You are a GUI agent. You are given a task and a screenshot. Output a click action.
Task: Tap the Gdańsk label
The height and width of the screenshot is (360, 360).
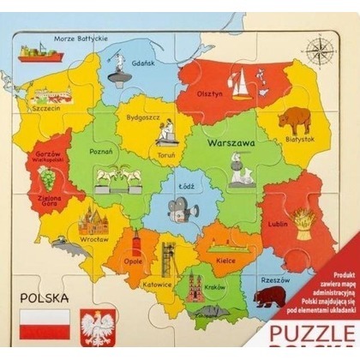click(x=142, y=63)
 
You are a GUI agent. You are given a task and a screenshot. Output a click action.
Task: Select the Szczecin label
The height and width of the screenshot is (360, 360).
click(x=47, y=109)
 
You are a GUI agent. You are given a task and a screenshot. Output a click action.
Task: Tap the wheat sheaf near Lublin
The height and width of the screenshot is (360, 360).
click(x=307, y=225)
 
